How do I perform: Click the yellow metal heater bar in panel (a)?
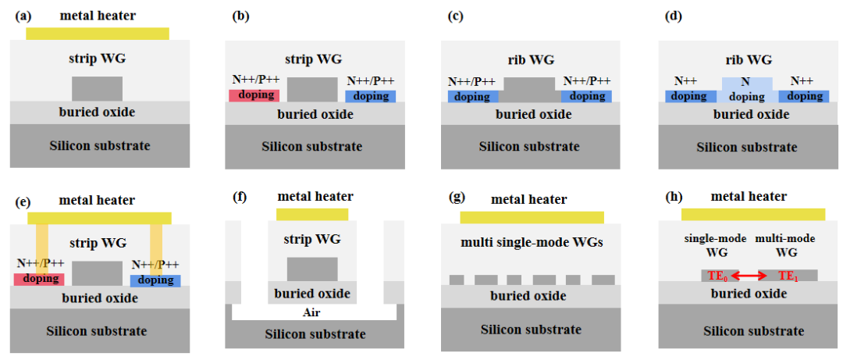tap(98, 34)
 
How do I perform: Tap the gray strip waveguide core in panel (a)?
tap(97, 88)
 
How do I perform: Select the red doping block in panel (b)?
tap(254, 95)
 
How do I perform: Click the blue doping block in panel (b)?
tap(371, 95)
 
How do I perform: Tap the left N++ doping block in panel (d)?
tap(691, 96)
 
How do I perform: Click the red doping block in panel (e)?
tap(38, 279)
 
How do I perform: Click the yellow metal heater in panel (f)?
tap(312, 214)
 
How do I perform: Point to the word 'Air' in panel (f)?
tap(312, 312)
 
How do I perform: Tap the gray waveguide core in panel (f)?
tap(312, 269)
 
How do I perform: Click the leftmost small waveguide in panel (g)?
tap(457, 279)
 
